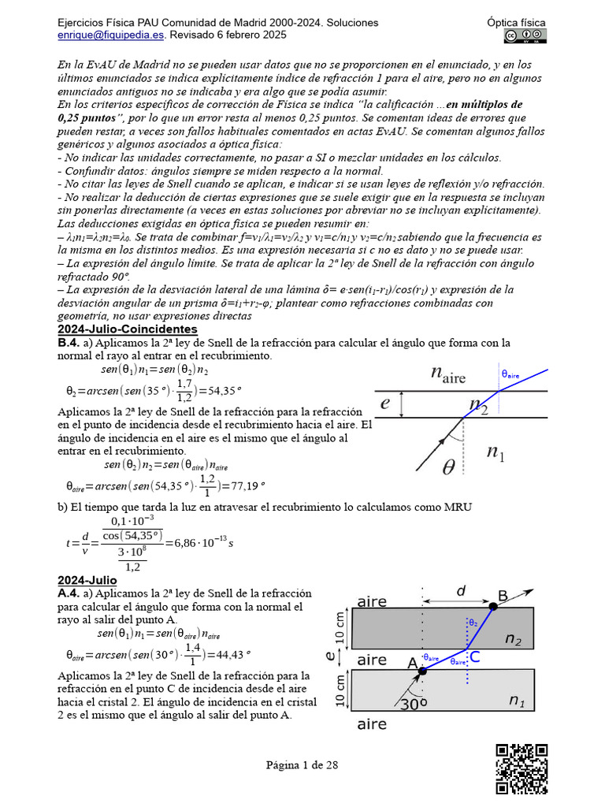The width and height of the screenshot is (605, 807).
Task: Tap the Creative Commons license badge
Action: tap(525, 36)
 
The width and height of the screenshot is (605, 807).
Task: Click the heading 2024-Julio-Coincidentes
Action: tap(128, 329)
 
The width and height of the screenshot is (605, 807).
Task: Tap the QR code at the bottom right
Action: tap(521, 768)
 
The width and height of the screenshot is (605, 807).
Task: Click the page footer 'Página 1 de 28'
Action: tap(302, 764)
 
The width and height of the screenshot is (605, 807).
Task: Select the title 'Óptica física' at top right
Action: tap(517, 23)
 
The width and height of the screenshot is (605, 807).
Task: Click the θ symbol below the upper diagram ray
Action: tap(448, 467)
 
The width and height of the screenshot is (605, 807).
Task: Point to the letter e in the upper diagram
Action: tap(385, 403)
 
